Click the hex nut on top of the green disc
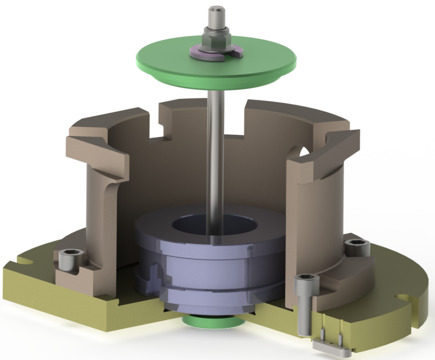(216, 39)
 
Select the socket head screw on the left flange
(74, 261)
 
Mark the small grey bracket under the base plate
(332, 345)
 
